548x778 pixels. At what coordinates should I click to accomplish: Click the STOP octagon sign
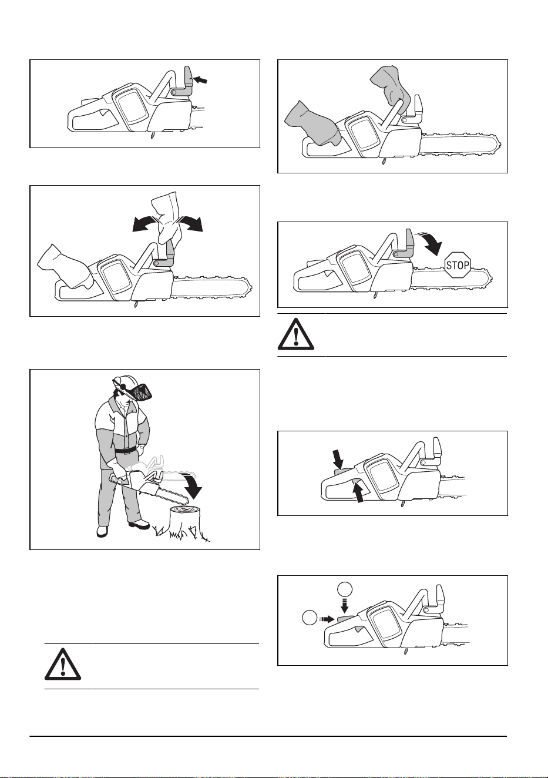click(x=458, y=264)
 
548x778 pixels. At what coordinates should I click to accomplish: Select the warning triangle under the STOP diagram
click(x=296, y=334)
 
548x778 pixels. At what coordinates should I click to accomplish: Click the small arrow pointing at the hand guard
click(x=200, y=80)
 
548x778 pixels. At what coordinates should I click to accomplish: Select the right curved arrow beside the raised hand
click(x=190, y=223)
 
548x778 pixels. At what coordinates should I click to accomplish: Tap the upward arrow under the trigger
click(x=360, y=491)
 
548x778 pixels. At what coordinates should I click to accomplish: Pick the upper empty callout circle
click(x=345, y=589)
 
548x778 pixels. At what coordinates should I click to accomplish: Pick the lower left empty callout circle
click(x=309, y=618)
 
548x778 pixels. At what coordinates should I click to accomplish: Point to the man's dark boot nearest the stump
click(x=140, y=524)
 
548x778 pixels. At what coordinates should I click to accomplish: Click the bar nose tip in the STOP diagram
click(x=492, y=278)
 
